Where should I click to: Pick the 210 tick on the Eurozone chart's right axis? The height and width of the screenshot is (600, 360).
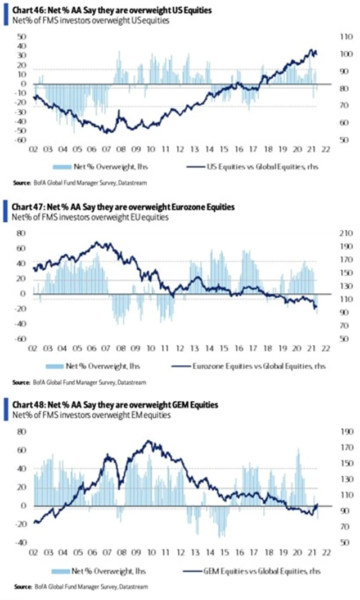341,233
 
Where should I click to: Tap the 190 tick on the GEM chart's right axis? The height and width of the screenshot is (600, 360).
341,432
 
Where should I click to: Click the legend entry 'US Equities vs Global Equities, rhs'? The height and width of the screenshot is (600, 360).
250,167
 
